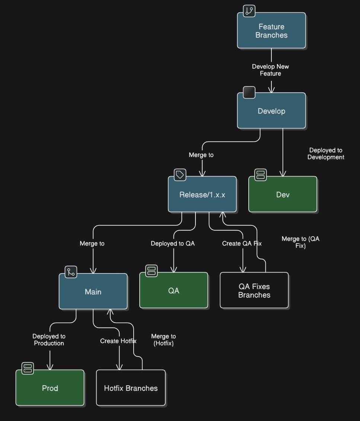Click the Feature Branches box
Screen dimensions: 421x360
click(x=271, y=31)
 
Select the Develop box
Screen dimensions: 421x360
click(x=271, y=111)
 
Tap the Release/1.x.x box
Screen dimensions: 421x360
click(x=202, y=194)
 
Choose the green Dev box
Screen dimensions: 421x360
click(x=283, y=194)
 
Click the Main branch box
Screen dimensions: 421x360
click(x=93, y=292)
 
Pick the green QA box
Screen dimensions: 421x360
click(x=173, y=291)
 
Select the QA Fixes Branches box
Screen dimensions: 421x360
click(x=254, y=291)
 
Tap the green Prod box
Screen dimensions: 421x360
click(x=50, y=388)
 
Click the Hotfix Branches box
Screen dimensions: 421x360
click(x=131, y=388)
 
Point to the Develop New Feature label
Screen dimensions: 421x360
click(x=271, y=70)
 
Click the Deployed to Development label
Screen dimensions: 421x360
click(x=326, y=153)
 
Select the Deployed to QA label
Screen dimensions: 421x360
click(x=173, y=243)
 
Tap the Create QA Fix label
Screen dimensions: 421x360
click(x=242, y=243)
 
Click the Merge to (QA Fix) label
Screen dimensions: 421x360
click(x=300, y=242)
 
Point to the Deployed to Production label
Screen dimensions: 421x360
click(x=49, y=340)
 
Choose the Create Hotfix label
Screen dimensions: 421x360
click(x=118, y=341)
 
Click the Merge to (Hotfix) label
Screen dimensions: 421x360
click(x=163, y=340)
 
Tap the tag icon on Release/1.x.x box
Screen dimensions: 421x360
click(x=180, y=174)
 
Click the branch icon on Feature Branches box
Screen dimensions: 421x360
click(x=249, y=11)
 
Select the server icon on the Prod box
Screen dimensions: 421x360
click(x=28, y=368)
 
